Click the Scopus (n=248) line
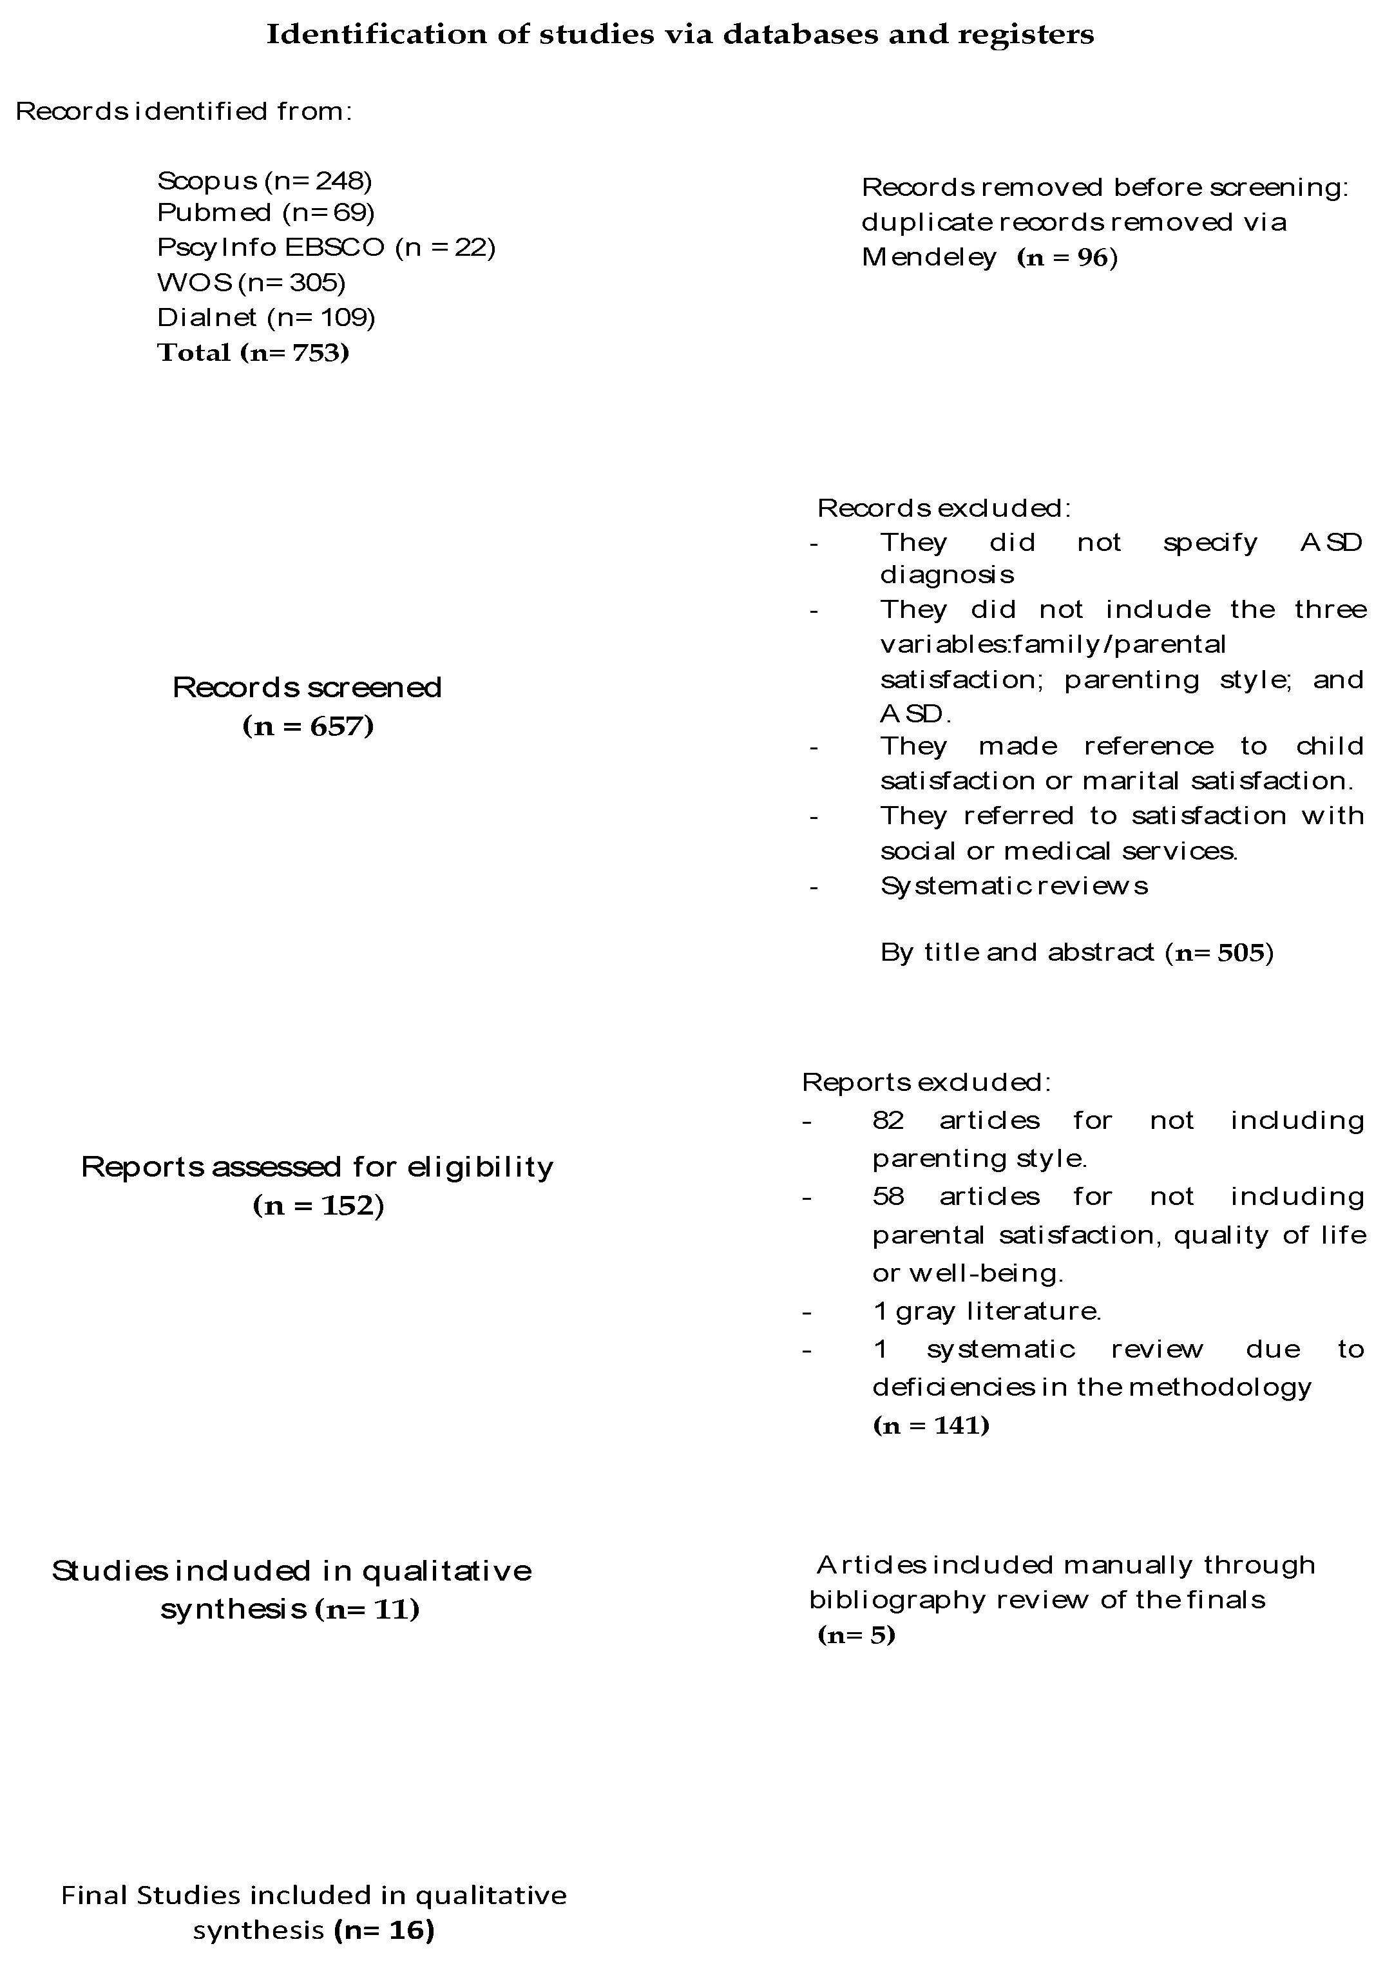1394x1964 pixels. pyautogui.click(x=264, y=180)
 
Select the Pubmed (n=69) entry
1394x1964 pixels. pyautogui.click(x=266, y=212)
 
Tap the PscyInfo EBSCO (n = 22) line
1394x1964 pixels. pyautogui.click(x=326, y=247)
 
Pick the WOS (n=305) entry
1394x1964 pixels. pyautogui.click(x=251, y=282)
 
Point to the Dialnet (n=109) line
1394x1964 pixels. pyautogui.click(x=266, y=317)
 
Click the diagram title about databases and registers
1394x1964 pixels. pyautogui.click(x=680, y=34)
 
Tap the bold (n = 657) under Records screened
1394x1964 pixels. pyautogui.click(x=308, y=726)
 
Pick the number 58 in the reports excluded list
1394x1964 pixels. pyautogui.click(x=888, y=1196)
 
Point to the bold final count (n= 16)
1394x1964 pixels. pyautogui.click(x=384, y=1930)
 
